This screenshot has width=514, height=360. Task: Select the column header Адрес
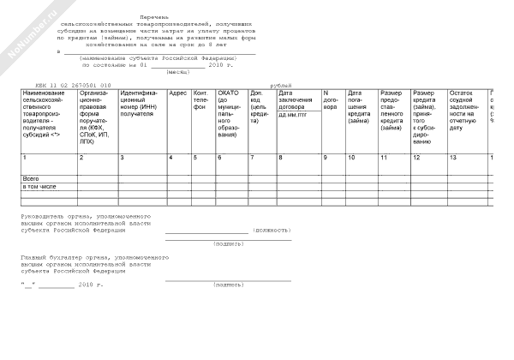point(177,93)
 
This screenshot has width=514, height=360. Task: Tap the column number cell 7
point(252,159)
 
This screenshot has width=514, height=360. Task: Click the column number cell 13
point(454,159)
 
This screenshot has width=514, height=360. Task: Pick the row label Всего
point(31,177)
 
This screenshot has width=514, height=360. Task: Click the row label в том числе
point(39,186)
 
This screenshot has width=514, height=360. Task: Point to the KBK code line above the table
point(74,86)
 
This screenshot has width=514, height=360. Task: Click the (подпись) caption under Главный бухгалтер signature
point(229,284)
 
